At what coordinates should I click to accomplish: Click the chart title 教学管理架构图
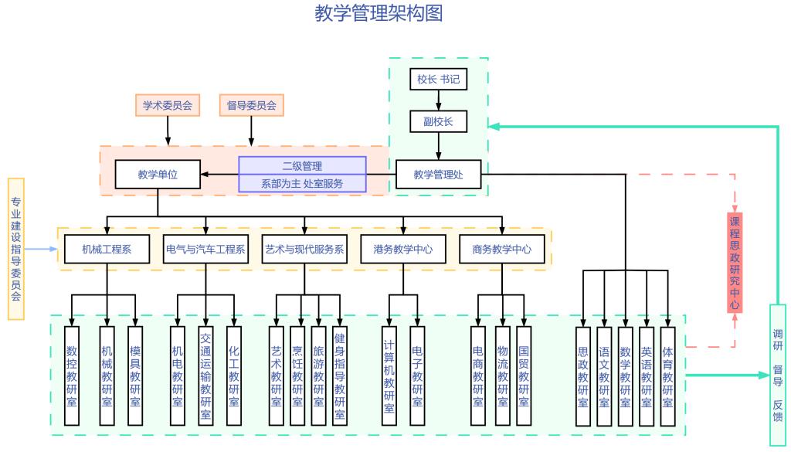pos(379,13)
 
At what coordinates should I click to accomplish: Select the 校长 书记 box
pos(439,80)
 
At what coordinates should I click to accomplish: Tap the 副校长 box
pos(439,122)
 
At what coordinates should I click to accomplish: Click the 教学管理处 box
pos(439,174)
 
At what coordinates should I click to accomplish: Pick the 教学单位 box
pos(158,174)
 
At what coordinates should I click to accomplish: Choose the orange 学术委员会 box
pos(168,105)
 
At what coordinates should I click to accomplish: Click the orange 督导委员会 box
pos(252,105)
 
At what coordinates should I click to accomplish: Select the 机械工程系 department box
pos(107,249)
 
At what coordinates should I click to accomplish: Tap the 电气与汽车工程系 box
pos(206,249)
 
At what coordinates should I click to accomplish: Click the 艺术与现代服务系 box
pos(304,249)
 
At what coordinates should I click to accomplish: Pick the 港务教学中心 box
pos(403,249)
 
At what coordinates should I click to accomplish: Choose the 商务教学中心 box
pos(502,249)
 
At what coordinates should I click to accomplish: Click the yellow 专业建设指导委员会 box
pos(16,249)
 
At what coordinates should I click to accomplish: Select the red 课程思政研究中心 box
pos(735,263)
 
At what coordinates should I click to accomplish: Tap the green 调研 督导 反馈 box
pos(778,376)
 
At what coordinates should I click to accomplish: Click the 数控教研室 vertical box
pos(72,376)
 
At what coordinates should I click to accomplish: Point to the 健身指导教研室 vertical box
pos(339,376)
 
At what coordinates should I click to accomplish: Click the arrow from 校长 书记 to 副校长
pos(439,100)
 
